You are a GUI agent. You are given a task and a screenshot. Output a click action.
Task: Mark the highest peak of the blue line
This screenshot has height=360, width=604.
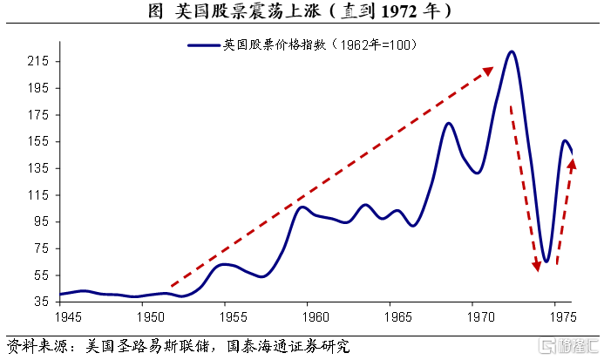(x=512, y=51)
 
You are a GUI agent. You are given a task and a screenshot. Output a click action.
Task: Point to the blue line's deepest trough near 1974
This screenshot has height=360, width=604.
(x=546, y=262)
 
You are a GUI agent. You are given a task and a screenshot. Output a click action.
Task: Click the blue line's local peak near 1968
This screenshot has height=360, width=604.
(x=449, y=123)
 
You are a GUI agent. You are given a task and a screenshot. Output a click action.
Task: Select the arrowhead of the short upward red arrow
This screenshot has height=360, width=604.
(x=572, y=162)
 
